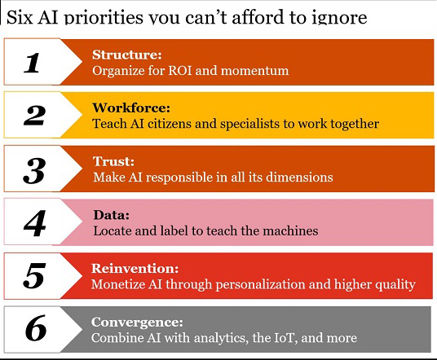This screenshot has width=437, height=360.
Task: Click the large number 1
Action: pos(32,63)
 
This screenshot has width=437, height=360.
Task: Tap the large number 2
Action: pos(34,116)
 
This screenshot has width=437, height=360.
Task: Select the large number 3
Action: pos(34,170)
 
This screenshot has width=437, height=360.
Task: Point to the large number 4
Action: pos(34,223)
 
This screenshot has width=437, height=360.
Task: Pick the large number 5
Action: pos(34,275)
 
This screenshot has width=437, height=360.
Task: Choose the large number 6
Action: pos(35,327)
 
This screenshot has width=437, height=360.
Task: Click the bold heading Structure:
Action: pos(127,55)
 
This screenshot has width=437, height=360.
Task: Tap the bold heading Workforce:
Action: pos(131,108)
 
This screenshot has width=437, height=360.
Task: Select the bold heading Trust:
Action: pos(113,161)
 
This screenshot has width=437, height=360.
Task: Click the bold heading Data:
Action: pos(112,215)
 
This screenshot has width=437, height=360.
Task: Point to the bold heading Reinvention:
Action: pos(135,269)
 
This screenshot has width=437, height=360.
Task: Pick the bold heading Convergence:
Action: pos(137,322)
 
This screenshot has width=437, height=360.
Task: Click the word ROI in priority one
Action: pos(180,70)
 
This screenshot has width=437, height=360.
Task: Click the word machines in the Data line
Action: pos(290,230)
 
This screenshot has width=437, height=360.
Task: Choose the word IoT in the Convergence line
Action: pos(285,338)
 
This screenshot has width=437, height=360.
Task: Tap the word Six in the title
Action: pos(20,17)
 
